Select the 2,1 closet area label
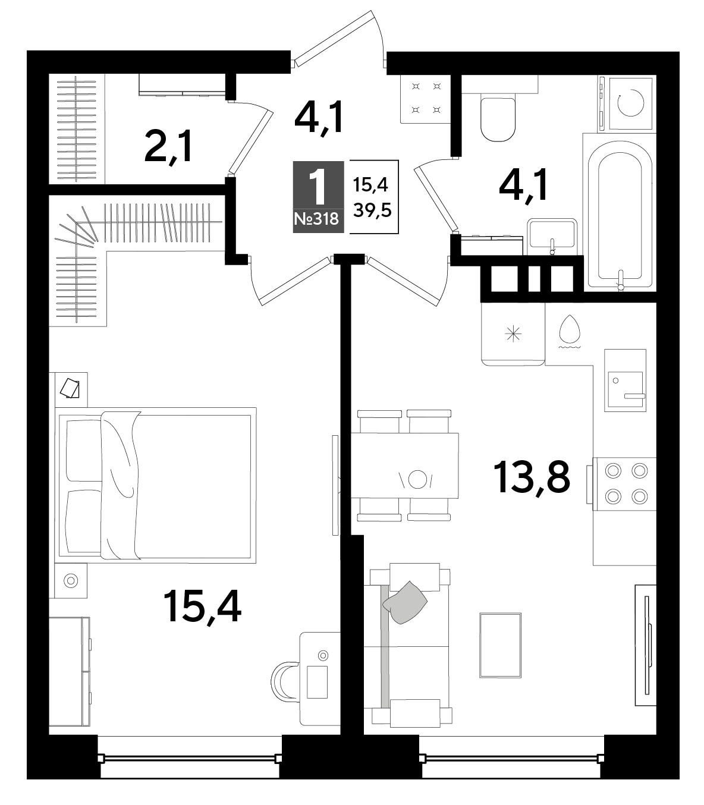tap(168, 147)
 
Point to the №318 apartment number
tap(317, 219)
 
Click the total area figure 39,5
tap(372, 210)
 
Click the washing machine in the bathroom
tap(627, 103)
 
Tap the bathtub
tap(620, 216)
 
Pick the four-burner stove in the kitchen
tap(624, 484)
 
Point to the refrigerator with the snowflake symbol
tap(513, 335)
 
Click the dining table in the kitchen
tap(404, 466)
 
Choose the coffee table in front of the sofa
tap(500, 645)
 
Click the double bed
tap(155, 485)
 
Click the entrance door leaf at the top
tap(334, 39)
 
